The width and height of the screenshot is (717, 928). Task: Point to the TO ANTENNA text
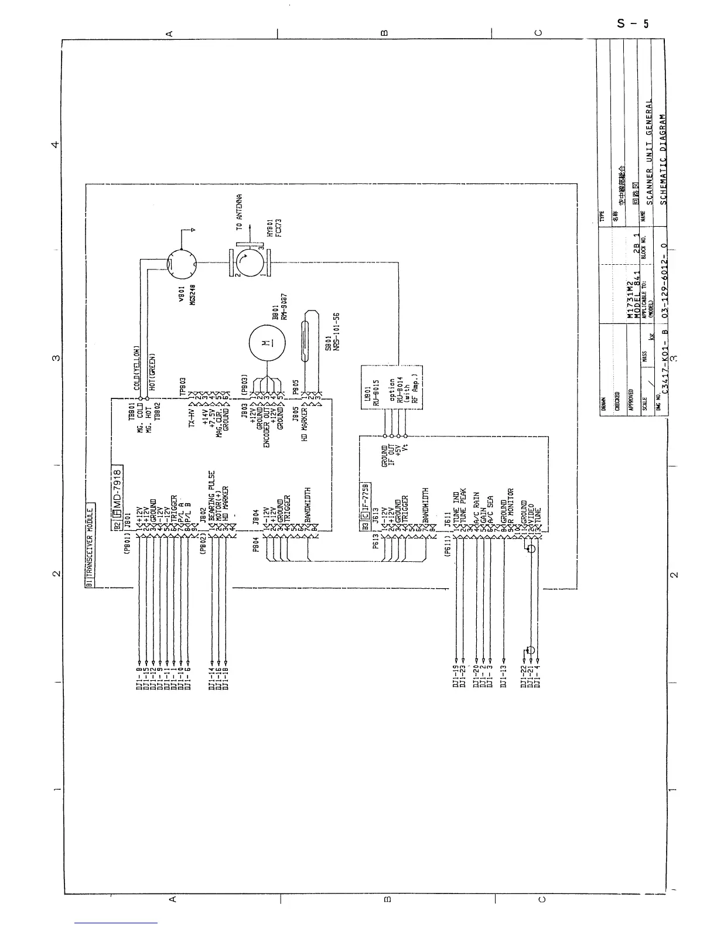240,213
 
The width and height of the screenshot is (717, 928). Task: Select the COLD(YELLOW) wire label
136,367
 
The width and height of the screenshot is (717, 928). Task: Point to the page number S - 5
633,24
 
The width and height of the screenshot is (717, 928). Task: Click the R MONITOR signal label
510,506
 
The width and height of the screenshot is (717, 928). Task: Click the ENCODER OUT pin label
266,428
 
